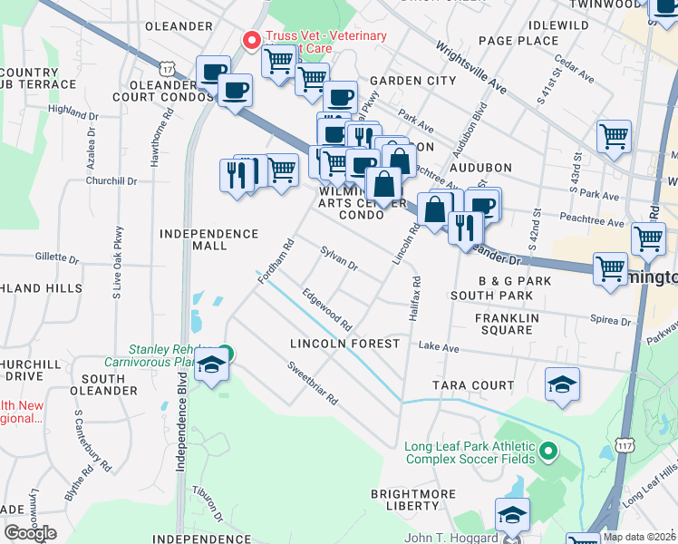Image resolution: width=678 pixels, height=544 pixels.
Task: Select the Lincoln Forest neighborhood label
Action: pos(344,344)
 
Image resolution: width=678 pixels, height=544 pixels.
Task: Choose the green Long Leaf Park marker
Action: pos(548,451)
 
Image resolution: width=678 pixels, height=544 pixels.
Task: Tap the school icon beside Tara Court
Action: pos(562,384)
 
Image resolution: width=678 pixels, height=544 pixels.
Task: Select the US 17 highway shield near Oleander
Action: pos(165,68)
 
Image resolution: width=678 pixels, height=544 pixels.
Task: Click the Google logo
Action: pos(30,533)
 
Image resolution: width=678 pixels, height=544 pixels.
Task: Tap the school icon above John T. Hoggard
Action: pos(512,515)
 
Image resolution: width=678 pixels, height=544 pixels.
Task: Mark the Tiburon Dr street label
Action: pos(208,503)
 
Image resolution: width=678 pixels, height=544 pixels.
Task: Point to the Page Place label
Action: pos(518,41)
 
